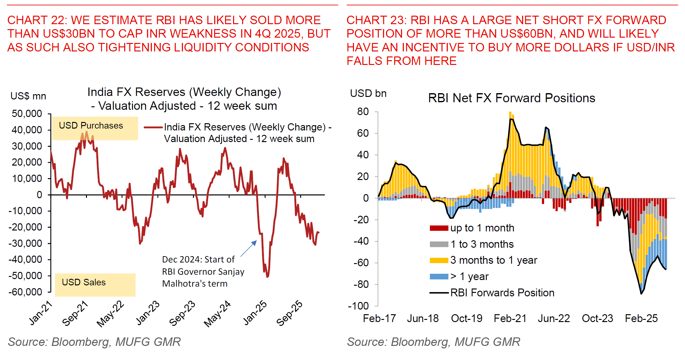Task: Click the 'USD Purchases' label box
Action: click(94, 128)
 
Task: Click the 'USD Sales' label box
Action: click(95, 284)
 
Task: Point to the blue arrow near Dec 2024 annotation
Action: click(249, 249)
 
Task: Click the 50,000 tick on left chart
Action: click(27, 114)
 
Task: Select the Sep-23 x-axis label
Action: click(182, 313)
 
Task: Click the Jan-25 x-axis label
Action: click(255, 313)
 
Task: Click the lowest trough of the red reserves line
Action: click(267, 277)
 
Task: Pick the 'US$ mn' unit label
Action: click(28, 96)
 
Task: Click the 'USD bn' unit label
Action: click(368, 93)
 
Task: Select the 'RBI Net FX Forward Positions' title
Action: click(511, 98)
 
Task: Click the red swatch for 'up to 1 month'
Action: click(439, 228)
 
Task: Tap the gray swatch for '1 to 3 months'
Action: click(439, 244)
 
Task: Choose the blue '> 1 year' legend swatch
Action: click(439, 277)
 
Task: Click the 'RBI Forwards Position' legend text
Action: click(502, 293)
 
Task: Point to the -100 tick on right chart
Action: click(358, 306)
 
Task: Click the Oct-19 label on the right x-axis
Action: click(466, 319)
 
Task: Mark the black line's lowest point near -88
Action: click(641, 294)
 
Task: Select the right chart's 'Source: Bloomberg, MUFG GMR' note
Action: click(433, 342)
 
